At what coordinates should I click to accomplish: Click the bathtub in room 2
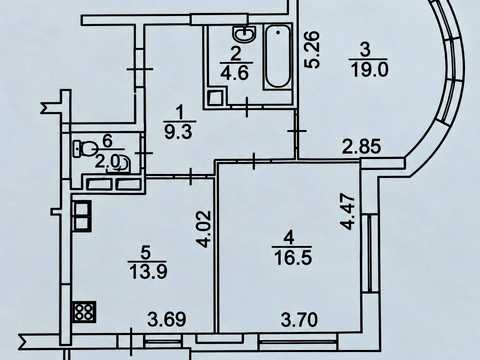pos(278,57)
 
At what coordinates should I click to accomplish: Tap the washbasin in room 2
pos(244,33)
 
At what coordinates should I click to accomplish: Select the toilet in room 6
pos(85,149)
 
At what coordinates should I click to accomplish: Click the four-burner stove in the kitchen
pos(84,312)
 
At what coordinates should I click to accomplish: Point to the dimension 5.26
pos(313,50)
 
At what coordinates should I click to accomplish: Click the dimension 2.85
pos(362,146)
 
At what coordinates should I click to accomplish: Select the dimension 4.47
pos(348,212)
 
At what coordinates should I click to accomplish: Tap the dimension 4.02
pos(203,229)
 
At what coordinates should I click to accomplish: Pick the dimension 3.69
pos(167,320)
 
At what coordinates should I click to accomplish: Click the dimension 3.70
pos(299,320)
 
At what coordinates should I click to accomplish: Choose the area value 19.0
pos(369,70)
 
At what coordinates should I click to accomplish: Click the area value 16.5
pos(293,258)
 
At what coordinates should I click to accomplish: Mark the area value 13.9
pos(148,272)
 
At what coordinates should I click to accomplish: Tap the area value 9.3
pos(179,132)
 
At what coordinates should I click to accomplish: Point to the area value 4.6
pos(235,72)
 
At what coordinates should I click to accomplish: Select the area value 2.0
pos(107,162)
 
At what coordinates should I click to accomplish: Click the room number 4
pos(289,238)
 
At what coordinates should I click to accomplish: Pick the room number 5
pos(145,253)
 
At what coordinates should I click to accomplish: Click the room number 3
pos(366,50)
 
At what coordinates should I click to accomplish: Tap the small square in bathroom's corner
pos(213,97)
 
